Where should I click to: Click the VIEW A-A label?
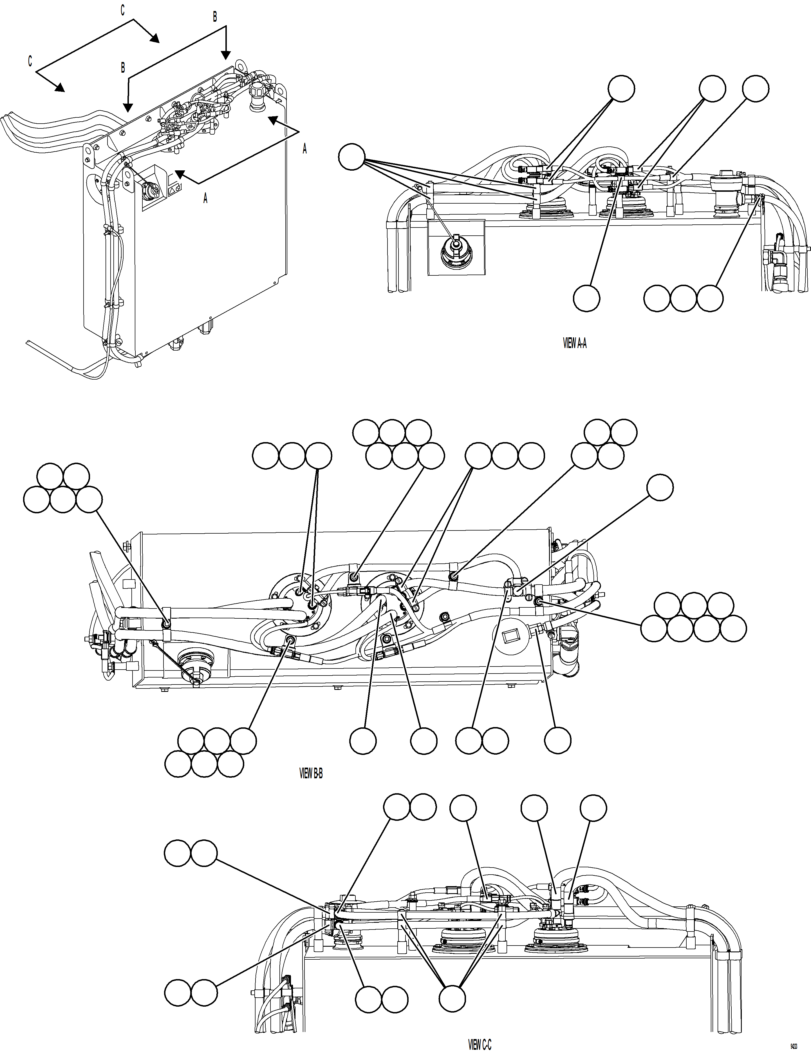coord(575,344)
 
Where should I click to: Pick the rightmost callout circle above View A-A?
coord(756,89)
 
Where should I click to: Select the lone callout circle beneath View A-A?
coord(587,298)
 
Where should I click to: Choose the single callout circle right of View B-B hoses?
coord(660,487)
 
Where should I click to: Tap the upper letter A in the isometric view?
coord(304,149)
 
